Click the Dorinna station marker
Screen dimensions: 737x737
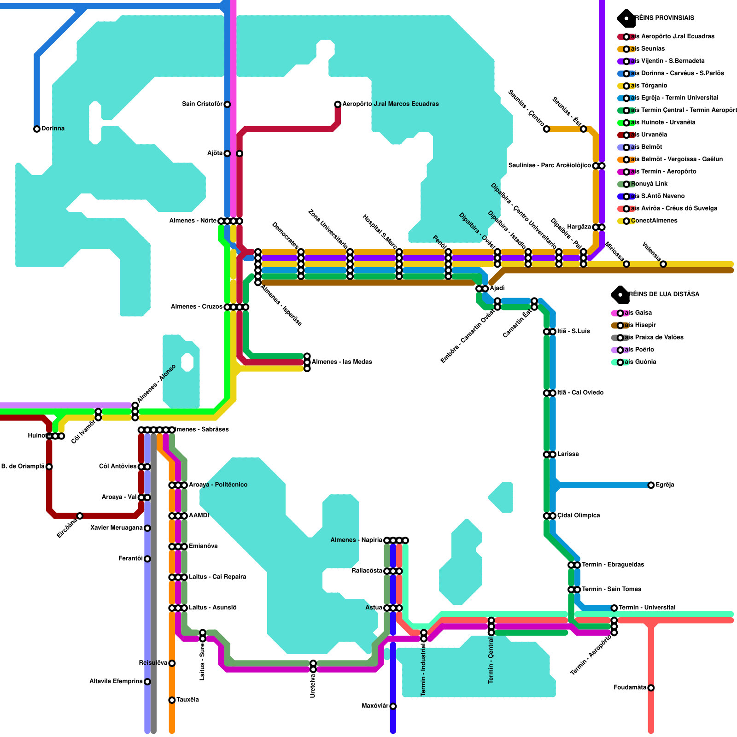37,129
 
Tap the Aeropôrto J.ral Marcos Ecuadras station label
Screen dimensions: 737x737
390,104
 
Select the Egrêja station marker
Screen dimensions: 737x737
651,485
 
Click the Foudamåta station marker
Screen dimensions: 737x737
651,688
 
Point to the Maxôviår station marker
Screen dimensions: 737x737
393,706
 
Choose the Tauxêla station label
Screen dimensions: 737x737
187,700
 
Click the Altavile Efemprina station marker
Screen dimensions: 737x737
147,682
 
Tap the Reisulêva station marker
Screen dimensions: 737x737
172,663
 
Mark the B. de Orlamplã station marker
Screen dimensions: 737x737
49,467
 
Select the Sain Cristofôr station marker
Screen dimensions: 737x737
227,105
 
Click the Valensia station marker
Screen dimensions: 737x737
663,264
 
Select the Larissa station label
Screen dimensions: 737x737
568,454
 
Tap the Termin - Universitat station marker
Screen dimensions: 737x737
614,608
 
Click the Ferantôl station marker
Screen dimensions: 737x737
147,559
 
